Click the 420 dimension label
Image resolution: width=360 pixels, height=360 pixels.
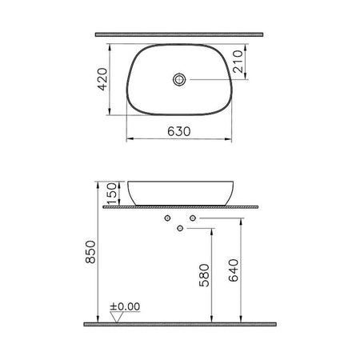(x=103, y=79)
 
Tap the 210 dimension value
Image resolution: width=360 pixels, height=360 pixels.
(x=238, y=62)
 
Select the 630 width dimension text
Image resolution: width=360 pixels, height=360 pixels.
(x=179, y=131)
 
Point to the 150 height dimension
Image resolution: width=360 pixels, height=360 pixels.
(x=112, y=194)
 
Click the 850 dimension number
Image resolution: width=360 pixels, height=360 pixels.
(x=90, y=252)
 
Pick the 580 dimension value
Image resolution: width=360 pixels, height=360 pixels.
(x=204, y=275)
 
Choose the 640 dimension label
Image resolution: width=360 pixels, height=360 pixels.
(x=234, y=270)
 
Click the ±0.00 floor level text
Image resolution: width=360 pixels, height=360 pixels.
(x=125, y=306)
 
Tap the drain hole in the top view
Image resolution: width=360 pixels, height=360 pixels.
(x=179, y=79)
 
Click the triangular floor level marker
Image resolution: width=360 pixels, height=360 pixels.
(x=117, y=317)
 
